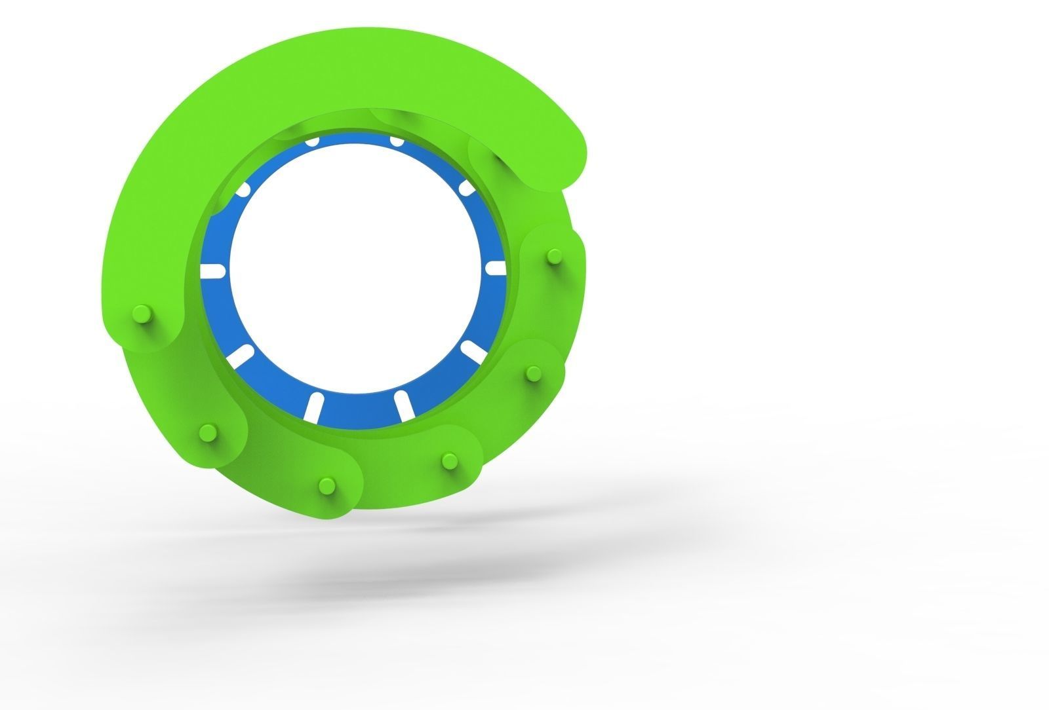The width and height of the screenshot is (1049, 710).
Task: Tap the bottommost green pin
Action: [x=325, y=486]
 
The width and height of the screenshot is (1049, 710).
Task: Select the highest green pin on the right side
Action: [x=554, y=255]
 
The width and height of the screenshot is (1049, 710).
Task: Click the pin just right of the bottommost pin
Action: [x=450, y=461]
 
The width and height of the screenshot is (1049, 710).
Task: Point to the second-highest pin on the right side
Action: [x=532, y=373]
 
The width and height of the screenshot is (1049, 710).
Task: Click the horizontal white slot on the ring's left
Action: [x=212, y=270]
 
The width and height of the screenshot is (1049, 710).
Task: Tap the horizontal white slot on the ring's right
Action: [x=496, y=269]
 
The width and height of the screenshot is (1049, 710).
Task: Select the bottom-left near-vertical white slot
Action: [x=313, y=407]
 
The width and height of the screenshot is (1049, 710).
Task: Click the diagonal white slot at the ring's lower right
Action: [x=474, y=351]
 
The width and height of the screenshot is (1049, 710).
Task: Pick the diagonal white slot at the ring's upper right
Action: [x=466, y=189]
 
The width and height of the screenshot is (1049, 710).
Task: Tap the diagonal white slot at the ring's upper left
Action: [x=243, y=191]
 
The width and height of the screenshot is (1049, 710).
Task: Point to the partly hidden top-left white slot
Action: [x=313, y=141]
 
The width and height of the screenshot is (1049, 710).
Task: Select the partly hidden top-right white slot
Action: [x=396, y=141]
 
